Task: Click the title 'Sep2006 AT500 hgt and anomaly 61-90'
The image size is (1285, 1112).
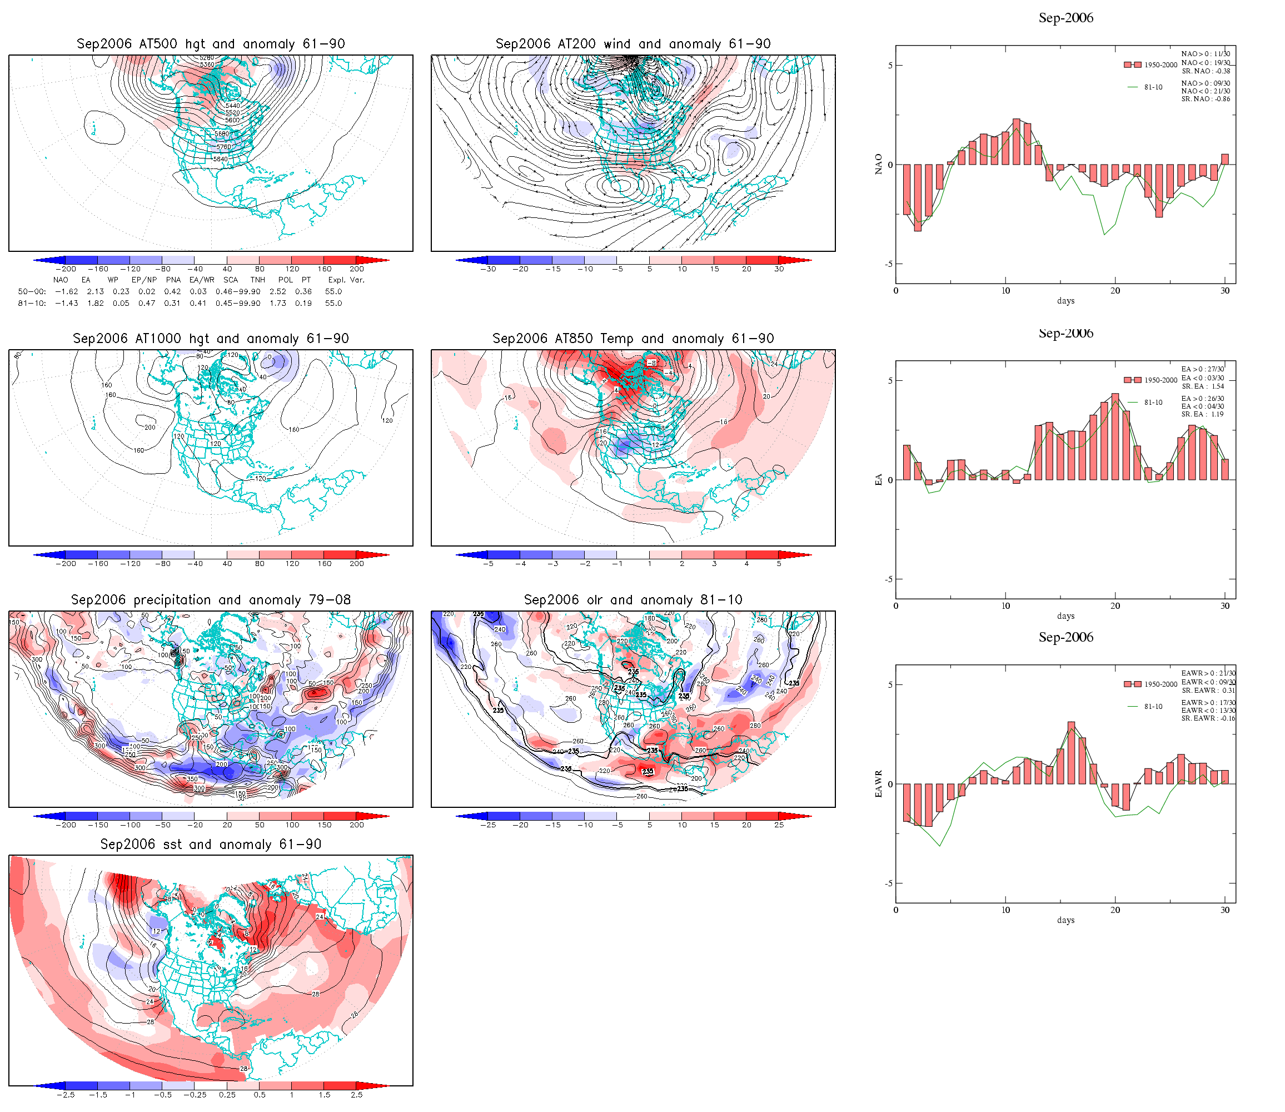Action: [210, 44]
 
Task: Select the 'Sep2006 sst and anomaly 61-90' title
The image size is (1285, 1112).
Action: [210, 845]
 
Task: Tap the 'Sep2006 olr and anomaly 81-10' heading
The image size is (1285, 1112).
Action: [632, 600]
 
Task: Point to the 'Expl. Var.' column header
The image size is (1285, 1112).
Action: [346, 280]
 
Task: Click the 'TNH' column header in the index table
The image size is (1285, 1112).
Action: [257, 280]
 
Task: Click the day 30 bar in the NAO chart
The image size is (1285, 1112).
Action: [1225, 160]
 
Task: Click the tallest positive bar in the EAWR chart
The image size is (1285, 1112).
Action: [1071, 753]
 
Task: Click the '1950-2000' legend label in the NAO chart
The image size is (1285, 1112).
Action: [1161, 65]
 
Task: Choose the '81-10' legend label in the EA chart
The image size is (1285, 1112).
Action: [1153, 403]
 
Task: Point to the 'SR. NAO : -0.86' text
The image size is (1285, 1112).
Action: [1206, 100]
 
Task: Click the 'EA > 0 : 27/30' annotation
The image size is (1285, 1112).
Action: [1203, 369]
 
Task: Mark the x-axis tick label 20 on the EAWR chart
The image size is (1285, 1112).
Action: [1115, 910]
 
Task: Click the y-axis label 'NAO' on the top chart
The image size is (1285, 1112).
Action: [878, 165]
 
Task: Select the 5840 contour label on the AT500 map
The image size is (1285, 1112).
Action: [220, 160]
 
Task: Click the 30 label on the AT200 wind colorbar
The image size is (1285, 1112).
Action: [779, 269]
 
